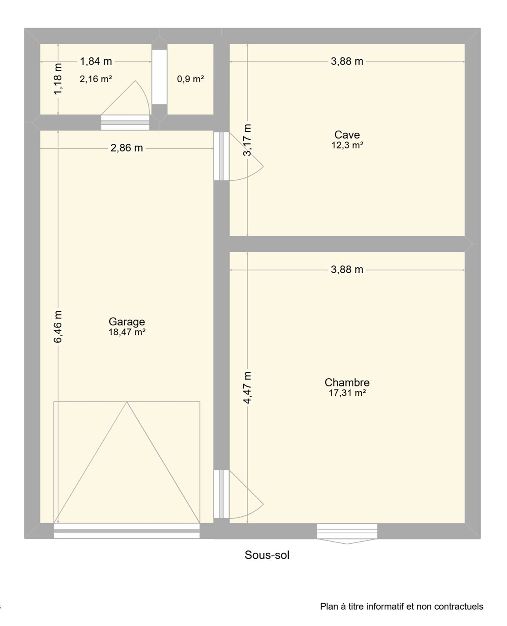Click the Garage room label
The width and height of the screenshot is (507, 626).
coord(127,322)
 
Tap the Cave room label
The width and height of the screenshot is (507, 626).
coord(347,135)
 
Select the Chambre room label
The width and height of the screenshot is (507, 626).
coord(347,382)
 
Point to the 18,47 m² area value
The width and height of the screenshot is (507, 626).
coord(127,332)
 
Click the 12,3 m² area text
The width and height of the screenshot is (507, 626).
coord(347,145)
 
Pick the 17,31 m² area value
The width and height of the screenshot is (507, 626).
coord(347,393)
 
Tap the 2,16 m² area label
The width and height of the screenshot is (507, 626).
coord(96,79)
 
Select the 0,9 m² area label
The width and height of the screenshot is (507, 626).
coord(191,79)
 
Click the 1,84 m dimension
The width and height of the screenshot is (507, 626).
coord(96,61)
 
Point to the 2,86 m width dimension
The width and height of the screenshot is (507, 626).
coord(127,148)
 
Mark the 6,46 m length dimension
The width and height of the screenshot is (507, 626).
coord(58,327)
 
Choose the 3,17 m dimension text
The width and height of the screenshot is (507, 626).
coord(247,140)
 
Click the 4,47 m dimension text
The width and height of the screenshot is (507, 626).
coord(247,388)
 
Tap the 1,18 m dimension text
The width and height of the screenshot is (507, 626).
coord(58,79)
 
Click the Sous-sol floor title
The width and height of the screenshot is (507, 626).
coord(267,555)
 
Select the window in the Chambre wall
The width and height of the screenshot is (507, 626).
coord(347,532)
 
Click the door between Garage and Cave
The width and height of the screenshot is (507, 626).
coord(238,156)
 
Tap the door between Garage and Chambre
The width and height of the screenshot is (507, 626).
coord(238,495)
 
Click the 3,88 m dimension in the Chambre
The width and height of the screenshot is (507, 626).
coord(347,270)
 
